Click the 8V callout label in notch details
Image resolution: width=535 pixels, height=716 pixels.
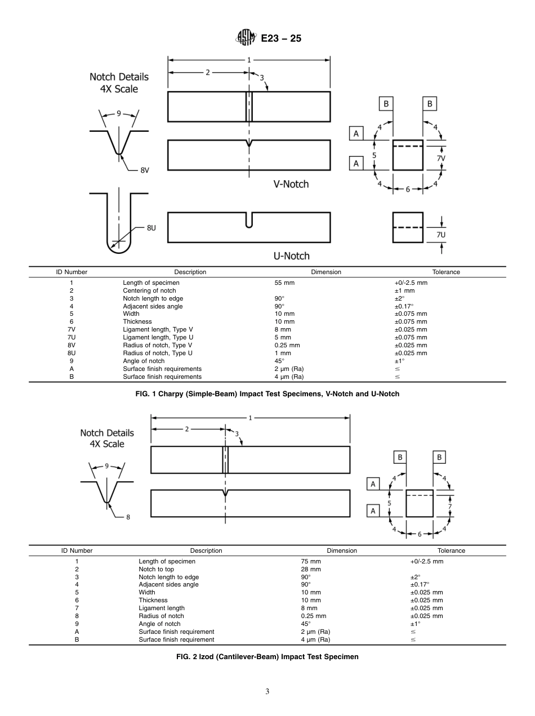[x=145, y=169]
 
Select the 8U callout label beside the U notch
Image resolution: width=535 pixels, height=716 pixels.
[x=151, y=228]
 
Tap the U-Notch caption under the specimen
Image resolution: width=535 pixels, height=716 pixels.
[x=291, y=256]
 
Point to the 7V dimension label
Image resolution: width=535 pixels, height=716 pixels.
[x=442, y=159]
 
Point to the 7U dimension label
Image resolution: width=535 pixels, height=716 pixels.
[x=441, y=235]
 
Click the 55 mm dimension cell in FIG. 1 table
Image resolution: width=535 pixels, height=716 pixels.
[x=284, y=283]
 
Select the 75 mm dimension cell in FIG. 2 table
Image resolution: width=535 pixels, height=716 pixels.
[x=311, y=561]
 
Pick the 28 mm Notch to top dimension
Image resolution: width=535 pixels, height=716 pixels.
[x=311, y=569]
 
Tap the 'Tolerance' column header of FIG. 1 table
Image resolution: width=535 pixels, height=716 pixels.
[x=446, y=272]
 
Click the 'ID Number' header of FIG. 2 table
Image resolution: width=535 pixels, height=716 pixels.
[x=77, y=551]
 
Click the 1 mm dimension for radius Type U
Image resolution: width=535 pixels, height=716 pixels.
[x=282, y=353]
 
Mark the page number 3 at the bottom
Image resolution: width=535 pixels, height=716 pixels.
[x=267, y=692]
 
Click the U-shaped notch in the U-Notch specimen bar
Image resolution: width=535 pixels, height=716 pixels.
[x=249, y=220]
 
